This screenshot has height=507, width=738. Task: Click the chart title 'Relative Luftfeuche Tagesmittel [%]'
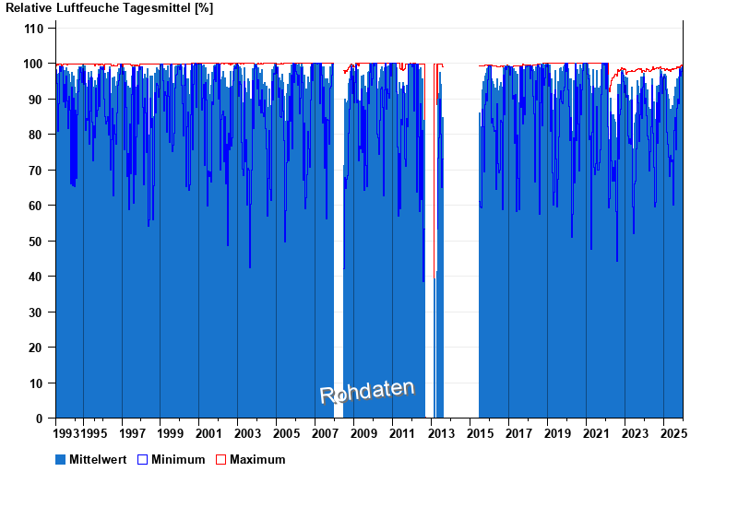(110, 8)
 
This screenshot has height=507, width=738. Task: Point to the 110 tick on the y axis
(34, 29)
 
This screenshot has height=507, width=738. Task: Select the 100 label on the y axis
(34, 64)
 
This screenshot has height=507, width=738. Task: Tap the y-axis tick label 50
(37, 242)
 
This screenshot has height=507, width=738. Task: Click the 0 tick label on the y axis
(41, 419)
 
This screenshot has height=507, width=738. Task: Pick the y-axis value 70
(37, 171)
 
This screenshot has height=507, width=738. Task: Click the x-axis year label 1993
(67, 433)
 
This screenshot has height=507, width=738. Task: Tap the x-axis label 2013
(440, 433)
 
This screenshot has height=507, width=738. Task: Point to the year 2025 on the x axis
(673, 433)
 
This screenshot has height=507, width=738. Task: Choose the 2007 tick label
(324, 433)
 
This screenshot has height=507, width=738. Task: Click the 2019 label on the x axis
(556, 433)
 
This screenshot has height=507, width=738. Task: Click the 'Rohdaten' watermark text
(367, 392)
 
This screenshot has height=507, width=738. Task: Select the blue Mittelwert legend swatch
(61, 459)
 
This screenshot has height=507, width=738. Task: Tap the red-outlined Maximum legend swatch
(220, 459)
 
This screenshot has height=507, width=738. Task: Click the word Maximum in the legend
(257, 459)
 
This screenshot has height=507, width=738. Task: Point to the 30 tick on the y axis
(37, 312)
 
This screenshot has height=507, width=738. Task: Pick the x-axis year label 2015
(479, 433)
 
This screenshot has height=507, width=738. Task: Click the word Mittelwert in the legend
(98, 459)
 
